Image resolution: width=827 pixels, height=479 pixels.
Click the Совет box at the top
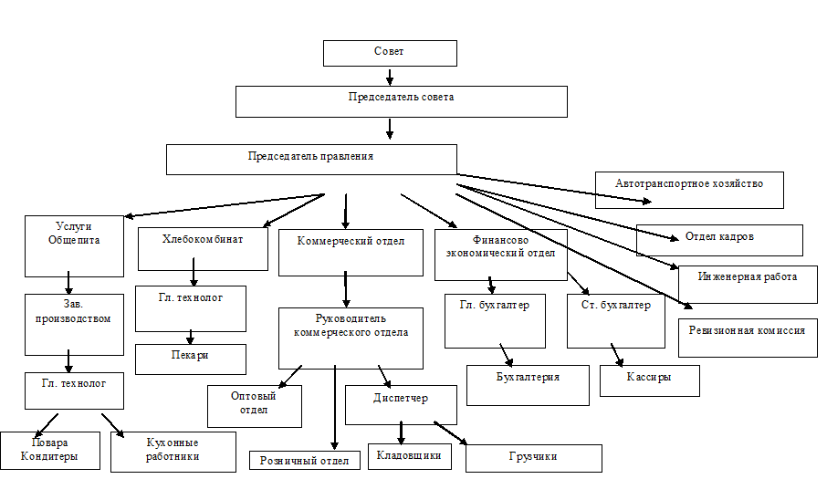[x=390, y=53]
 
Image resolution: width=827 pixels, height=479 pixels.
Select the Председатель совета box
[x=401, y=101]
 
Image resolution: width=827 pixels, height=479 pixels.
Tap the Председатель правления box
[x=310, y=159]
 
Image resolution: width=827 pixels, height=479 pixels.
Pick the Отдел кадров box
[x=719, y=240]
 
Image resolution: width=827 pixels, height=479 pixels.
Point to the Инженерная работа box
[x=748, y=284]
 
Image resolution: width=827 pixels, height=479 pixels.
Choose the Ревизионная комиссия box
[x=748, y=337]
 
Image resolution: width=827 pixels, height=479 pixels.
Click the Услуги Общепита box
[x=74, y=245]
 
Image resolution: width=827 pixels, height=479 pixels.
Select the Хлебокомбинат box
[x=203, y=248]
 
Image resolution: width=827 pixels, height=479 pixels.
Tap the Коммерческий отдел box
[x=351, y=252]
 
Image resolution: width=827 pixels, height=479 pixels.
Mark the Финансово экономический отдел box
[x=500, y=251]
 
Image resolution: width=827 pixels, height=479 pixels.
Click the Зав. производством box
[x=74, y=323]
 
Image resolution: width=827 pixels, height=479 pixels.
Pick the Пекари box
[x=190, y=359]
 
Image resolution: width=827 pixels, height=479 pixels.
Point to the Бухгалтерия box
[x=528, y=385]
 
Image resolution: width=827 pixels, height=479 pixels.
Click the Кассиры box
[x=649, y=380]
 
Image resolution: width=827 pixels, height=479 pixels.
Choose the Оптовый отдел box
[x=254, y=406]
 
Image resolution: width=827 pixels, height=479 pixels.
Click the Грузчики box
[x=533, y=457]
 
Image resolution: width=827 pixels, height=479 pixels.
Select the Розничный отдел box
[x=303, y=461]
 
